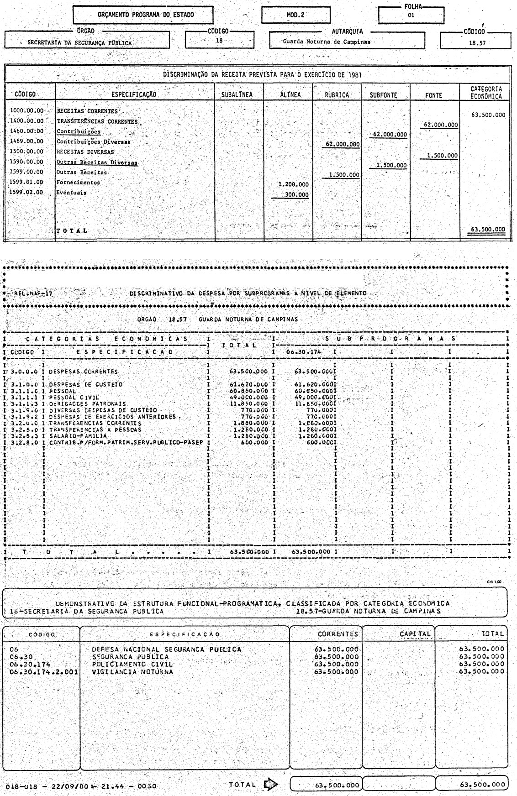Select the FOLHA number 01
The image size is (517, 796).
point(411,15)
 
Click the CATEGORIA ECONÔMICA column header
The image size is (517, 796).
point(486,93)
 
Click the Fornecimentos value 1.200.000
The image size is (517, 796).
point(294,185)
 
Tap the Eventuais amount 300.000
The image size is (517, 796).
point(296,195)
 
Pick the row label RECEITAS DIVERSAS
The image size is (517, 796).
point(85,152)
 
